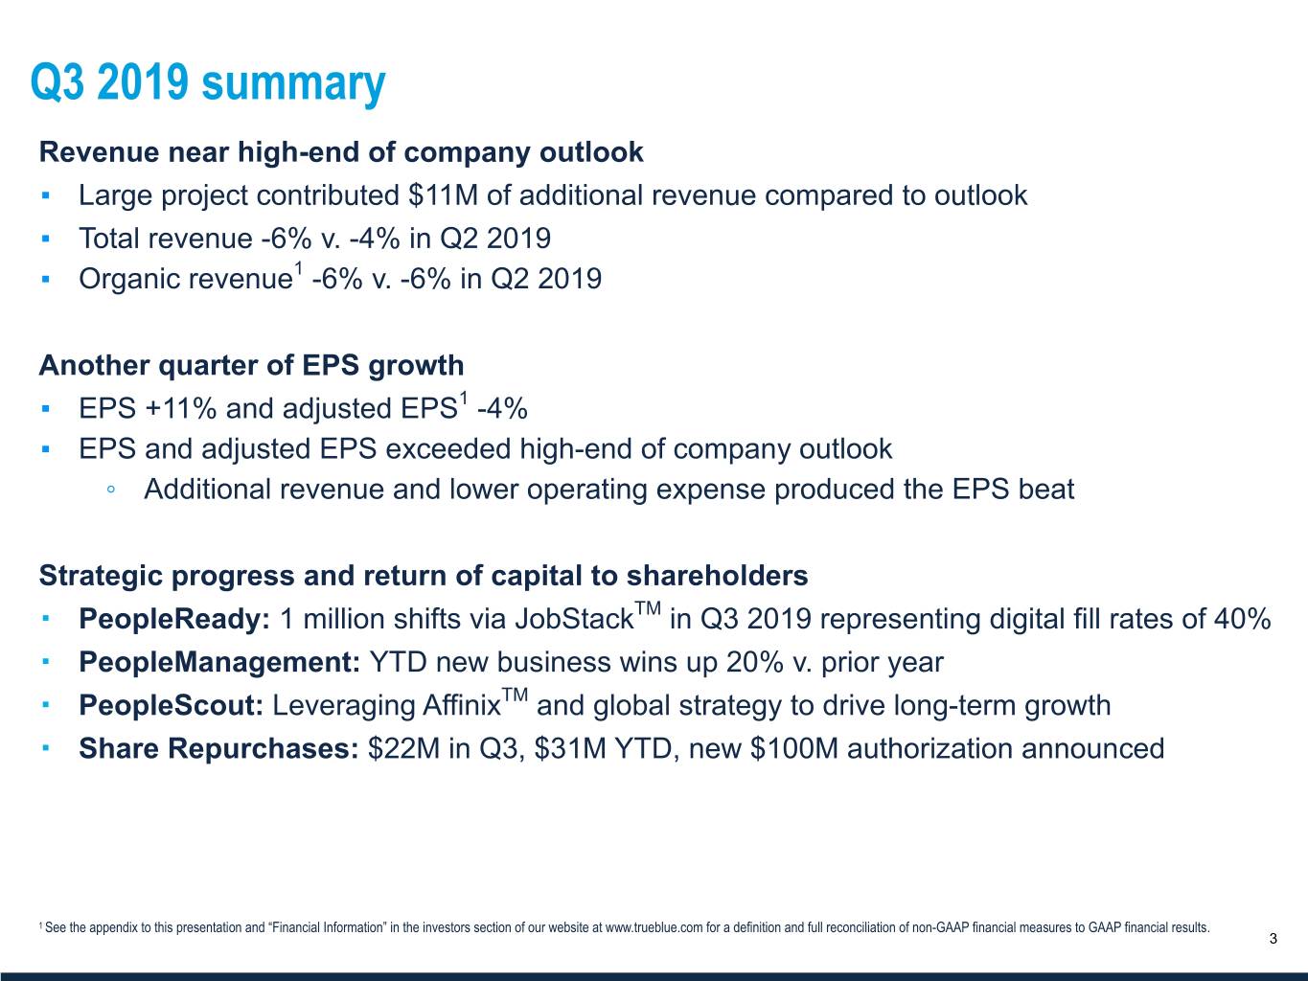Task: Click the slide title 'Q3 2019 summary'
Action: tap(208, 83)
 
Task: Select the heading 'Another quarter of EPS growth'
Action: tap(251, 366)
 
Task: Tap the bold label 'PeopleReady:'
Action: tap(174, 620)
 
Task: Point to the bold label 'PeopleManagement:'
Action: tap(219, 662)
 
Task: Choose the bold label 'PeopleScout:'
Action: tap(171, 706)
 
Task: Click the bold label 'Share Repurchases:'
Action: tap(218, 749)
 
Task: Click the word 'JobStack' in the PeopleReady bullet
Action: tap(574, 620)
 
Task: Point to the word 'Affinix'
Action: tap(461, 706)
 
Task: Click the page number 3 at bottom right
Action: tap(1273, 939)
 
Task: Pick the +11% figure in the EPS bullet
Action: tap(180, 409)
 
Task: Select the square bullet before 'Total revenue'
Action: tap(46, 239)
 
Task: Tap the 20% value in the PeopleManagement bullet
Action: tap(754, 662)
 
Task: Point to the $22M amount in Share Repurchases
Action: tap(403, 749)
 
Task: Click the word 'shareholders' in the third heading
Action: tap(717, 576)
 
